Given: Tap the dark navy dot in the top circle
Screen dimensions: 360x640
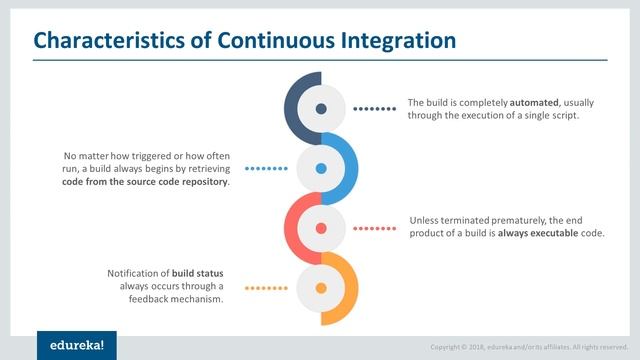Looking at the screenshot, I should click(x=320, y=109).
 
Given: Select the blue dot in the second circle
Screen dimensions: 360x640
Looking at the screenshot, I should click(x=320, y=169).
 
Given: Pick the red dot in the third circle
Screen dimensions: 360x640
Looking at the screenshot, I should click(x=320, y=228).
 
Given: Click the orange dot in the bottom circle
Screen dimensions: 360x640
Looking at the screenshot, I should click(x=320, y=288).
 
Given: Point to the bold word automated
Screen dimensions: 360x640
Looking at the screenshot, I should click(x=536, y=103).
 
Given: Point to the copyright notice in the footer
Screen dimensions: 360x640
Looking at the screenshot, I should click(x=529, y=347).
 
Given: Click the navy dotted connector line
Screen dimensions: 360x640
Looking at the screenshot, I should click(x=375, y=109).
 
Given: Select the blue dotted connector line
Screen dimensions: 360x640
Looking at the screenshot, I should click(x=266, y=169).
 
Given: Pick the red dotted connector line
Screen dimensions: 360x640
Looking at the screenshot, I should click(x=375, y=228).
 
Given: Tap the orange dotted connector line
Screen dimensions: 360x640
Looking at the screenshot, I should click(x=266, y=288).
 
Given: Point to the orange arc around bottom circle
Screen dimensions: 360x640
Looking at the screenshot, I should click(x=350, y=290).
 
